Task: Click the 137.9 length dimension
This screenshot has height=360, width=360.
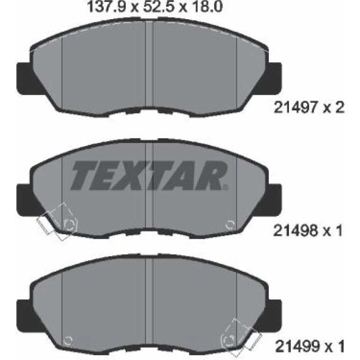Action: click(108, 7)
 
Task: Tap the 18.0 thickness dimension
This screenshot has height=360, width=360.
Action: click(206, 7)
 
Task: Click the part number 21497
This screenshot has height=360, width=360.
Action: click(296, 108)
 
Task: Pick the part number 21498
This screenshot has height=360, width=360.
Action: click(295, 230)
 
